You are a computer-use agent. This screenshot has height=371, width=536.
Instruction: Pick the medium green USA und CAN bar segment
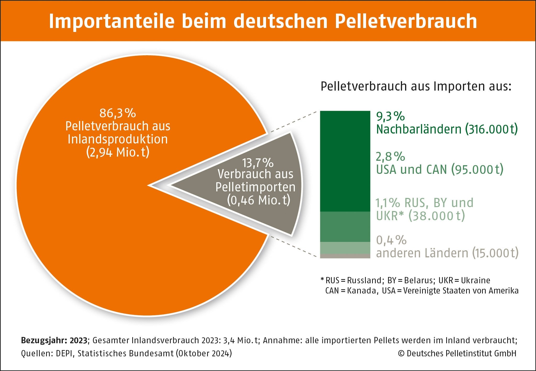tap(345, 226)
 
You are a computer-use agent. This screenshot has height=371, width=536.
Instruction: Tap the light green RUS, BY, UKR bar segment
tap(345, 248)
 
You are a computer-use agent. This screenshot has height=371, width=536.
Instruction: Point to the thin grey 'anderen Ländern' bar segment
tap(345, 256)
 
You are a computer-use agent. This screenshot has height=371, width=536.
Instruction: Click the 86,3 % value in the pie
tap(118, 113)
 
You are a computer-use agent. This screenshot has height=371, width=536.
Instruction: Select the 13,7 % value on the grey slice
tap(258, 163)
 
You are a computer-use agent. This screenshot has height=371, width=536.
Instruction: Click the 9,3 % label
tap(390, 117)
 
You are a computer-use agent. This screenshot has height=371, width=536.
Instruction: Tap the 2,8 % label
tap(390, 157)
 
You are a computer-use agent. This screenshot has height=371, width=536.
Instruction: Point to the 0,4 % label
tap(391, 240)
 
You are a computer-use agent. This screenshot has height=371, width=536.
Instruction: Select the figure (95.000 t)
tap(477, 170)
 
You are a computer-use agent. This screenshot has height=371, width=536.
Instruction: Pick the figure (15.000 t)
tap(495, 253)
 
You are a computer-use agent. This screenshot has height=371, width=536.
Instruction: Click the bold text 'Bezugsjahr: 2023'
tap(54, 340)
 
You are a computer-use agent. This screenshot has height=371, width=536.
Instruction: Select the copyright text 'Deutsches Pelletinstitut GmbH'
tap(461, 353)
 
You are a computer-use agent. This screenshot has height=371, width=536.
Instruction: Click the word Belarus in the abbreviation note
tap(418, 280)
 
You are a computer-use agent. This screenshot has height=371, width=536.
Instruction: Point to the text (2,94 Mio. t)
tap(118, 152)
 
